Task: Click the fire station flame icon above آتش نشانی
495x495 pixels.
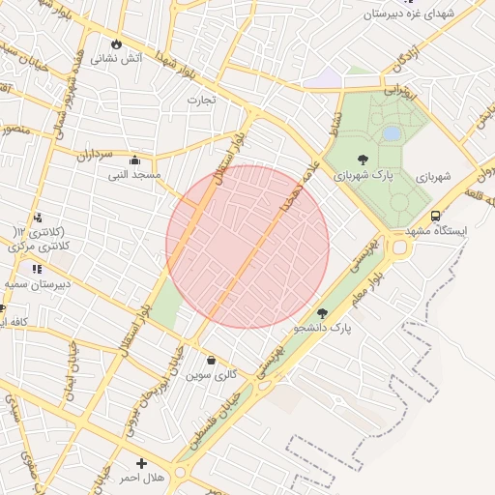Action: click(117, 44)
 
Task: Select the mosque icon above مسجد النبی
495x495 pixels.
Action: click(134, 160)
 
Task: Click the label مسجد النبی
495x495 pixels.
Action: click(135, 175)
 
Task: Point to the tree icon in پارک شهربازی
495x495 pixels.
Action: click(363, 160)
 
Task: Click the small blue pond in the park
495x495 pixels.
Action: click(392, 132)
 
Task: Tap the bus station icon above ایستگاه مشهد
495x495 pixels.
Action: click(435, 217)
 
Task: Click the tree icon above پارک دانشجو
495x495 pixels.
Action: click(323, 313)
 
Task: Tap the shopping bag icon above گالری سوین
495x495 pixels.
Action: click(212, 360)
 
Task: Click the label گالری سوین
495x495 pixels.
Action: click(211, 374)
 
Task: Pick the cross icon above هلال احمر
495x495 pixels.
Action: click(142, 464)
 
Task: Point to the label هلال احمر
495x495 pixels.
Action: click(141, 479)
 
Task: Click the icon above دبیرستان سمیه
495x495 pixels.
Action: click(36, 269)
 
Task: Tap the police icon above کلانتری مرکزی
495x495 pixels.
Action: click(37, 218)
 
